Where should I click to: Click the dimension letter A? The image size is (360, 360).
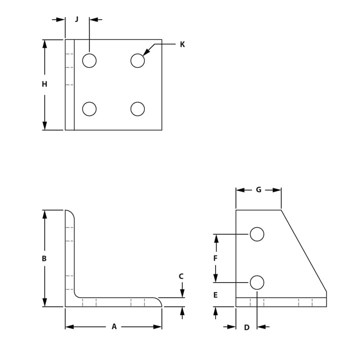tap(114, 327)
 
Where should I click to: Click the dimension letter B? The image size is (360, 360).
tap(44, 259)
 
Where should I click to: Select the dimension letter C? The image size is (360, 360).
tap(181, 276)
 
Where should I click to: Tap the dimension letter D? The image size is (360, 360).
tap(247, 328)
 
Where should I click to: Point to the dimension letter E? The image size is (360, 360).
tap(215, 296)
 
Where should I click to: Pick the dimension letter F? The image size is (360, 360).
tap(215, 258)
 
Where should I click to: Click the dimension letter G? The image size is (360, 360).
tap(258, 190)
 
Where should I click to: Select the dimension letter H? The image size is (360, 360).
tap(44, 84)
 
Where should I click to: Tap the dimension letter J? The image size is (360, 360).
tap(76, 19)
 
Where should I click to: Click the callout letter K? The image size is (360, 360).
tap(182, 45)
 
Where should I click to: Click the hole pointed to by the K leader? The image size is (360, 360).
tap(138, 61)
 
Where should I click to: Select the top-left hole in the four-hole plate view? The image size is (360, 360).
tap(90, 61)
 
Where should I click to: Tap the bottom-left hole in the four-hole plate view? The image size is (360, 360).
tap(90, 109)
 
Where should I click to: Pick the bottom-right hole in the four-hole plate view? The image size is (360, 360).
tap(138, 109)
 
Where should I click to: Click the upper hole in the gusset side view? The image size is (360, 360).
tap(257, 234)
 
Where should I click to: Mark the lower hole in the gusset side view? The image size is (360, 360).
tap(257, 283)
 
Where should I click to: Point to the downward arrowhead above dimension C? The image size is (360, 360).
tap(182, 294)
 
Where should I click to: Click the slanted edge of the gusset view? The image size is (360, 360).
tap(304, 251)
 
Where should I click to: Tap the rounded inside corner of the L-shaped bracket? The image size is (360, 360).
tap(77, 295)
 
